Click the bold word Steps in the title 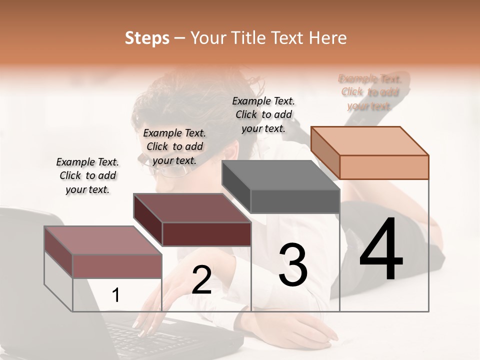147,38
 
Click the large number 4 381,250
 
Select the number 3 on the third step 293,265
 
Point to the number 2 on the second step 201,280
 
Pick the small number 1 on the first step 115,295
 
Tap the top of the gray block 280,175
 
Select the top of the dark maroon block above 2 192,208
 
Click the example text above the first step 87,175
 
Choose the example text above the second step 174,146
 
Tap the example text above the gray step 263,114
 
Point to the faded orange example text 369,92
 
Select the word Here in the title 328,38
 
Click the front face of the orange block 384,167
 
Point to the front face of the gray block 295,201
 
